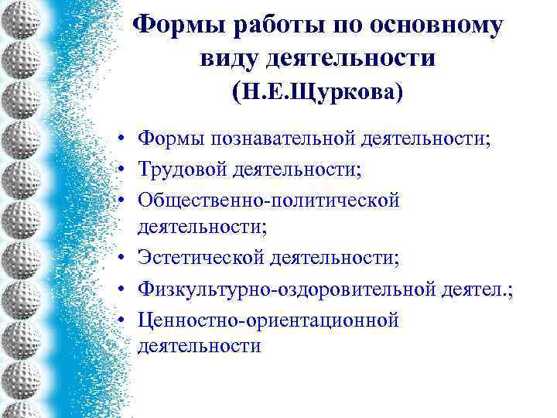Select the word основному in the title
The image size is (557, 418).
pos(437,26)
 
